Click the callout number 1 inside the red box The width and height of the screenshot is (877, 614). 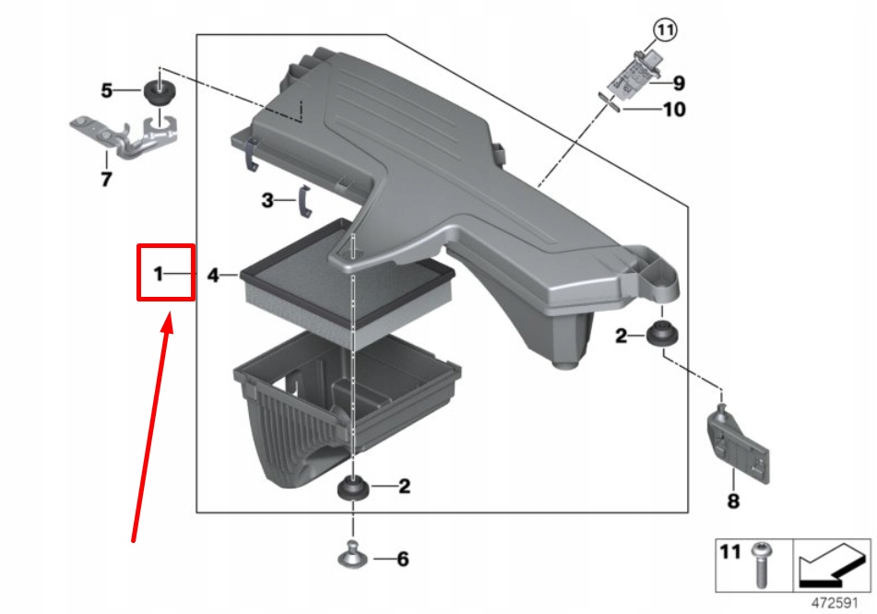pyautogui.click(x=158, y=274)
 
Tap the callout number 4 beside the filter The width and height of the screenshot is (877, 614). pyautogui.click(x=213, y=275)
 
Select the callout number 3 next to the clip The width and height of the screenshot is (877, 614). pyautogui.click(x=267, y=200)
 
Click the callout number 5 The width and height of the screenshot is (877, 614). pyautogui.click(x=107, y=90)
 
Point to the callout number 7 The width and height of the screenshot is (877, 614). pyautogui.click(x=106, y=179)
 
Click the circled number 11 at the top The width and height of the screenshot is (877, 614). pyautogui.click(x=665, y=30)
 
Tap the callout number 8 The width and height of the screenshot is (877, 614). pyautogui.click(x=733, y=502)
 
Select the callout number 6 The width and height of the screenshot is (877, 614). pyautogui.click(x=402, y=559)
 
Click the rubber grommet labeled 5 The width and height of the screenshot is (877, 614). pyautogui.click(x=160, y=93)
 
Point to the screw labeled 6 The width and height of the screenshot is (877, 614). pyautogui.click(x=352, y=556)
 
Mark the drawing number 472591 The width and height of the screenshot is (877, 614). pyautogui.click(x=837, y=602)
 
